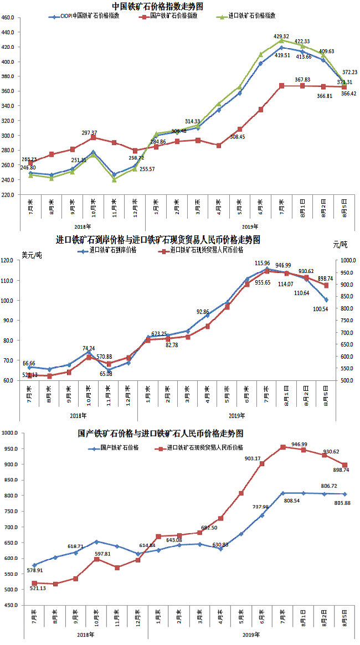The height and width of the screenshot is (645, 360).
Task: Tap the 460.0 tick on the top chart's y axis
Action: click(8, 17)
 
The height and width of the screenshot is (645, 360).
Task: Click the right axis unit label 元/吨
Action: click(340, 244)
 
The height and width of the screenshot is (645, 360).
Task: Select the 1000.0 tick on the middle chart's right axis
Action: click(347, 260)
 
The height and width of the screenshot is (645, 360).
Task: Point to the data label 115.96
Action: click(263, 263)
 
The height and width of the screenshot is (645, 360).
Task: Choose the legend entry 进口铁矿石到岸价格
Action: click(112, 250)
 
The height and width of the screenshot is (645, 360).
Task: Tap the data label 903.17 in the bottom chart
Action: click(252, 458)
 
